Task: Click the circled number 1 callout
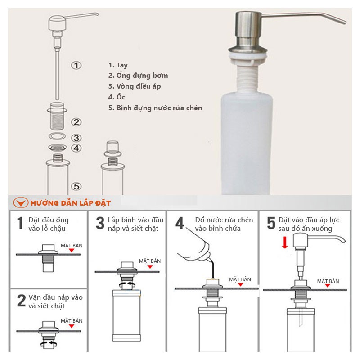(x=76, y=65)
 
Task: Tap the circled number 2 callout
(x=76, y=122)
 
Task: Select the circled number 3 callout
(x=76, y=138)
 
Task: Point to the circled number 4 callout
(x=76, y=148)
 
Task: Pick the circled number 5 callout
(x=76, y=186)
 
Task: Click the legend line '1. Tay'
(x=118, y=65)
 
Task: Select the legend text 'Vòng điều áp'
(x=139, y=86)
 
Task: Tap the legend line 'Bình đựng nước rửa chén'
(x=159, y=108)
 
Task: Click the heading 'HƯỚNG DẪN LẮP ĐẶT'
(x=71, y=203)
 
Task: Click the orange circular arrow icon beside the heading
(x=21, y=203)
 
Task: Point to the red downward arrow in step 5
(x=285, y=243)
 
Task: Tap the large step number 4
(x=180, y=223)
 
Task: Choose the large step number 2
(x=21, y=301)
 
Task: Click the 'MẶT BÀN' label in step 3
(x=150, y=261)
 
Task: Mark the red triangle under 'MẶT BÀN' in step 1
(x=72, y=250)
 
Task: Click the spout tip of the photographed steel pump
(x=344, y=22)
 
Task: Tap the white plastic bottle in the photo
(x=247, y=142)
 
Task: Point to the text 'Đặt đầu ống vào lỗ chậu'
(x=49, y=224)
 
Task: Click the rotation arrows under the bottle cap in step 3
(x=127, y=285)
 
